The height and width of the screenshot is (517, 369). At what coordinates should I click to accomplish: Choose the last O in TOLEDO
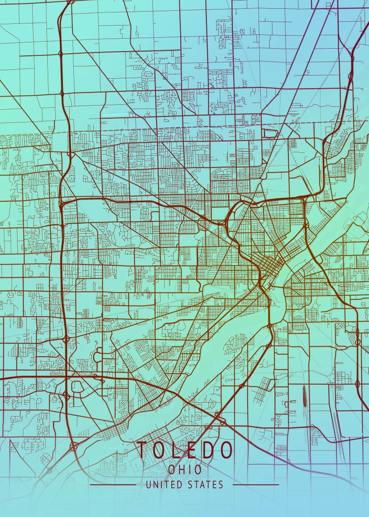(x=226, y=451)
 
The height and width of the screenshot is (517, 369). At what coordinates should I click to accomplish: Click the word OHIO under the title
(x=185, y=470)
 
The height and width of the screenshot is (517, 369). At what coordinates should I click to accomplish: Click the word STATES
(x=206, y=485)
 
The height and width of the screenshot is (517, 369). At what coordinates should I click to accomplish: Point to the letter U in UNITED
(x=149, y=485)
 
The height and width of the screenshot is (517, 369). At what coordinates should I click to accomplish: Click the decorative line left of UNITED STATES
(x=113, y=485)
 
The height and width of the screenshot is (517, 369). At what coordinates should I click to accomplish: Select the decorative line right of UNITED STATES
(x=256, y=485)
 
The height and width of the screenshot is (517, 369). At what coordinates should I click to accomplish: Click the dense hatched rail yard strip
(x=304, y=396)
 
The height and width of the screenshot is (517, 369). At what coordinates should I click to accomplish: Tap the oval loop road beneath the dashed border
(x=270, y=134)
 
